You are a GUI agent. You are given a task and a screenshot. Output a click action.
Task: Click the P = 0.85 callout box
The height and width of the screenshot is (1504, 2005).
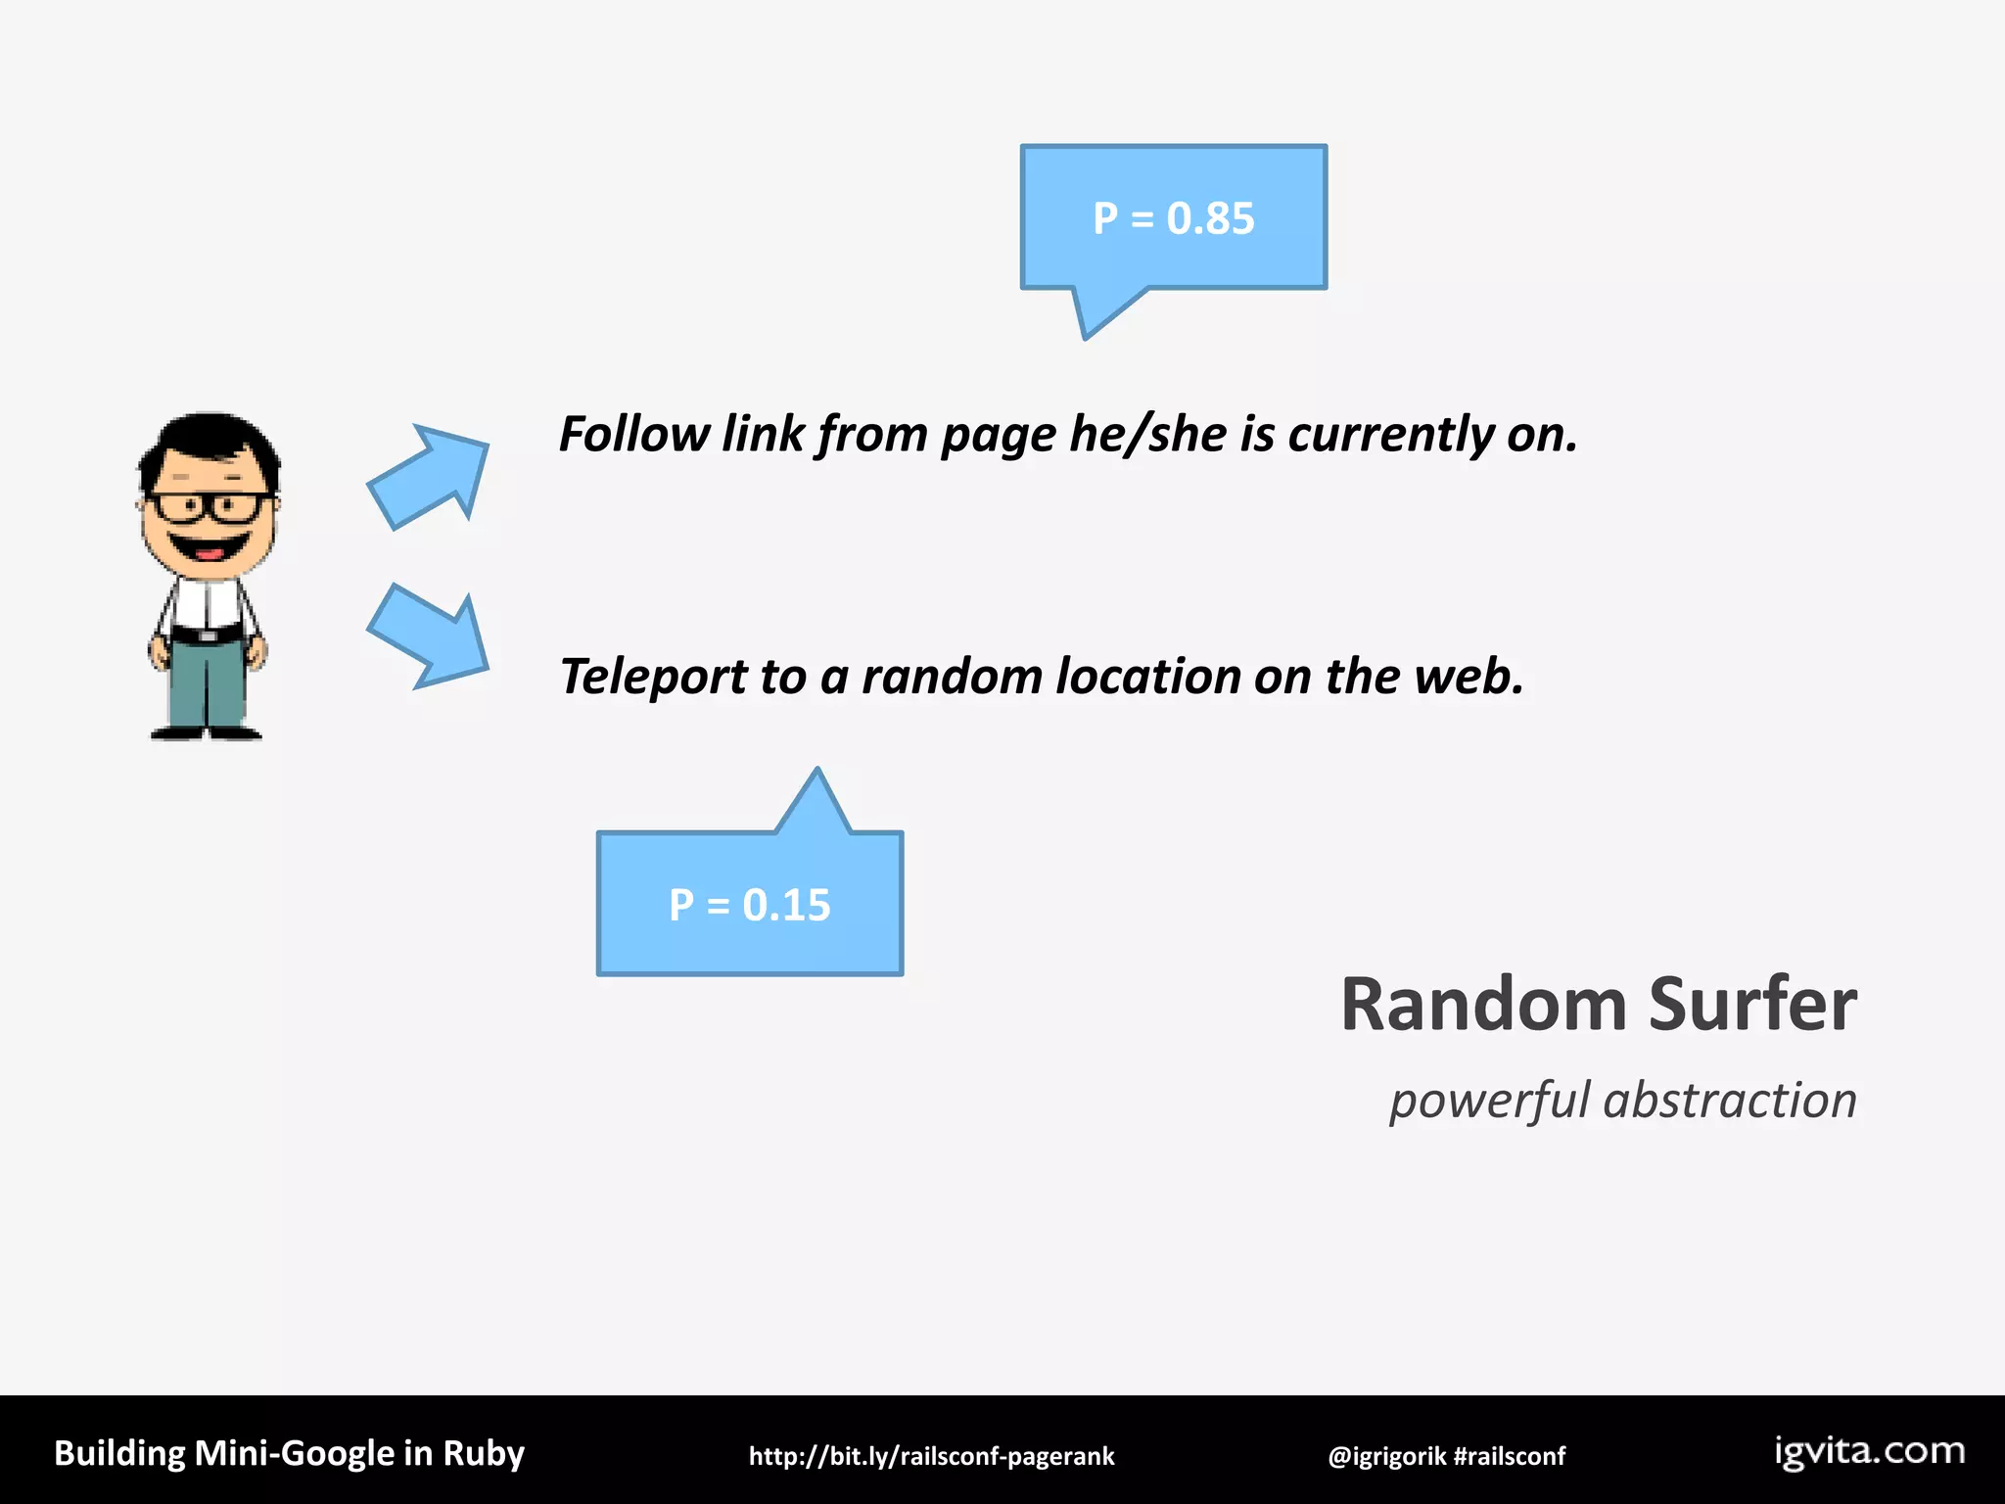point(1173,217)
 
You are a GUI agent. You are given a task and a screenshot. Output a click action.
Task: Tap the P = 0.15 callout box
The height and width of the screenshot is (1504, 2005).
point(749,903)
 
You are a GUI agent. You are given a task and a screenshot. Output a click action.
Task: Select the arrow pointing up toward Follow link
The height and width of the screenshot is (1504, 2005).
point(431,476)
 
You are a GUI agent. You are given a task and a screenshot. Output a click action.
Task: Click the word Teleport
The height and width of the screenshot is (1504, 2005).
point(652,678)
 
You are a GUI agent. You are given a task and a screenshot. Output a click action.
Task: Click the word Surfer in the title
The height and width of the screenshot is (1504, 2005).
point(1751,1005)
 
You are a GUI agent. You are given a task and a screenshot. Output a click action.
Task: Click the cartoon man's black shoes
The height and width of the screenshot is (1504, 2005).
point(206,732)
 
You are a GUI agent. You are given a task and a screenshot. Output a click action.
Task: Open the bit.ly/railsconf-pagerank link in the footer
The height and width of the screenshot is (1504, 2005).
point(931,1456)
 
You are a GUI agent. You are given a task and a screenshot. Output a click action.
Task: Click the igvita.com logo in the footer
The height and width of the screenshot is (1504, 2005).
point(1869,1451)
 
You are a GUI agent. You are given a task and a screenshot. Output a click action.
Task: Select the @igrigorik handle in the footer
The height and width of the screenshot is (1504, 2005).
point(1386,1456)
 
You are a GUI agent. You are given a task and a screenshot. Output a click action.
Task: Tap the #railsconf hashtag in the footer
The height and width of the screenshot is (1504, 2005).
point(1510,1456)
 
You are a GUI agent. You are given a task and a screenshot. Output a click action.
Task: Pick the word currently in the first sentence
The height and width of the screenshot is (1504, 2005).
point(1390,434)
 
